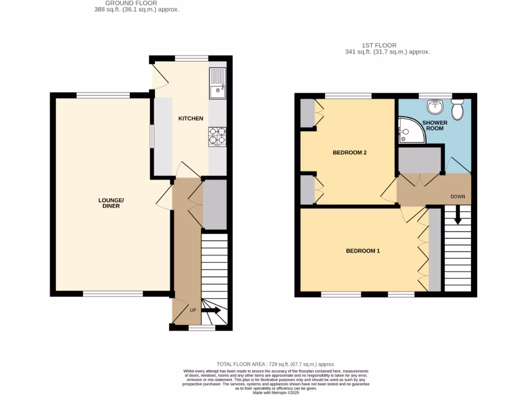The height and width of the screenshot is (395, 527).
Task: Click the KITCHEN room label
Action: [x=190, y=119]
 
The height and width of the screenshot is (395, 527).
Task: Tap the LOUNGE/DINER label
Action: [x=111, y=203]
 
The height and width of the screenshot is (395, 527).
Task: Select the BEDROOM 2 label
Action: [x=349, y=153]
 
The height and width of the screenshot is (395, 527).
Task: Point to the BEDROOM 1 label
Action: [x=362, y=251]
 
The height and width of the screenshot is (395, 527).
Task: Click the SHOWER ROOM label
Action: [x=435, y=125]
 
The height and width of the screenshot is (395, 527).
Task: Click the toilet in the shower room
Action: [x=456, y=109]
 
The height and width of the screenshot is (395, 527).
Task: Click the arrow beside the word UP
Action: [x=210, y=311]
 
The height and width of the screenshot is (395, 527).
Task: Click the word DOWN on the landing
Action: [x=458, y=196]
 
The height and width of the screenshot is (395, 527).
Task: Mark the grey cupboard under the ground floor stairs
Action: [x=215, y=204]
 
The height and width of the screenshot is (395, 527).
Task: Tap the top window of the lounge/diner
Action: [x=103, y=95]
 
